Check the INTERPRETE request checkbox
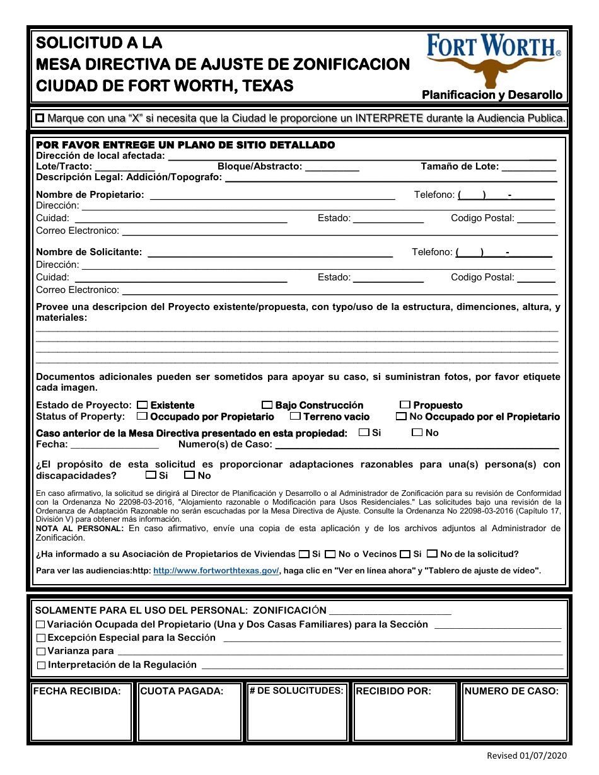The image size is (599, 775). (40, 118)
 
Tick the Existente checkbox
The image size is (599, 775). (142, 405)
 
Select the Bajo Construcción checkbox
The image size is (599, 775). (267, 405)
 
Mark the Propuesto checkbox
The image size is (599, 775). (405, 405)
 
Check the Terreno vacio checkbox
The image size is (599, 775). (295, 416)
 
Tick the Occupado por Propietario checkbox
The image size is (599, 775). (142, 416)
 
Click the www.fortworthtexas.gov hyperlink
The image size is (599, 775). (216, 570)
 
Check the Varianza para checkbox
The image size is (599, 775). (41, 652)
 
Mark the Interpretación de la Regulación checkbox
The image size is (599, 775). (41, 665)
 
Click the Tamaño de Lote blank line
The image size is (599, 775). (529, 168)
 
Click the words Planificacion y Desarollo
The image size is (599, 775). (492, 95)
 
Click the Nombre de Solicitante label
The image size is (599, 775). (89, 252)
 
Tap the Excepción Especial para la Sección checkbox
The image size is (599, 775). (41, 638)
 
